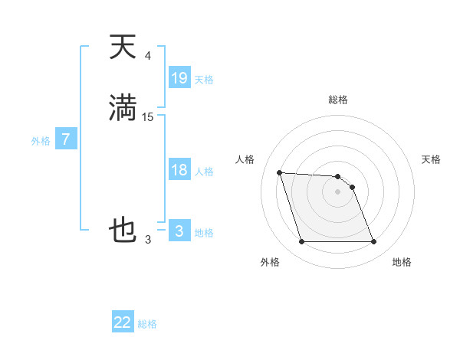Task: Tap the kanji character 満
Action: (123, 107)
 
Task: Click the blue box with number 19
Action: (179, 77)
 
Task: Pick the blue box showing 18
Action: (179, 170)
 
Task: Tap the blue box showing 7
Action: (66, 140)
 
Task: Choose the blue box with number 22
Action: (123, 322)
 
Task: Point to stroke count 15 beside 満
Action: (148, 116)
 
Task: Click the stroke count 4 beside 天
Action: (148, 56)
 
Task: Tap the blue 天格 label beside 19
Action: (204, 79)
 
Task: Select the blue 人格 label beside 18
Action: (204, 172)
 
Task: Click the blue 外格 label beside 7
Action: (41, 141)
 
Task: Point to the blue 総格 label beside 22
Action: (147, 324)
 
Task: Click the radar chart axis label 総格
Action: (337, 100)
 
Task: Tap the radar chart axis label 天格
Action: (432, 159)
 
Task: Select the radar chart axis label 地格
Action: (402, 262)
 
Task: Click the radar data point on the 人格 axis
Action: (279, 172)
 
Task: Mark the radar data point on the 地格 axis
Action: (373, 242)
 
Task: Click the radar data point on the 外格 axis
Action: (301, 242)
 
